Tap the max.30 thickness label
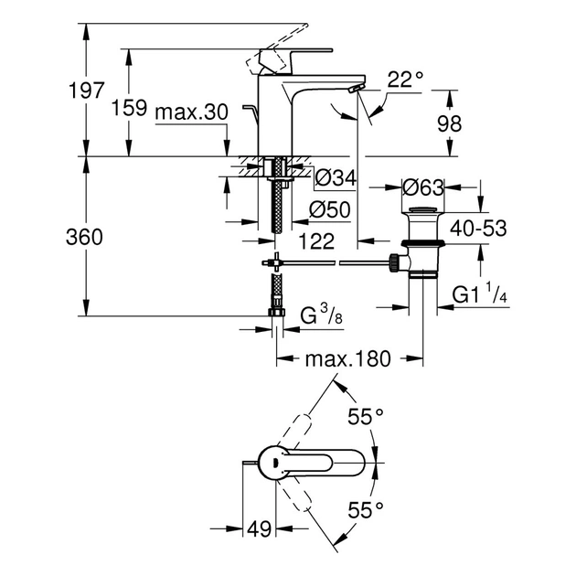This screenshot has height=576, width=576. click(190, 111)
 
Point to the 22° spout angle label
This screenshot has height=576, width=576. click(405, 80)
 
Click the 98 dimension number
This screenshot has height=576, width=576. click(474, 124)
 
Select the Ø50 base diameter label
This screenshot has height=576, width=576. click(332, 209)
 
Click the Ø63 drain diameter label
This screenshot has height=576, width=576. click(422, 187)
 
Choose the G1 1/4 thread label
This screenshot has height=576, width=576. click(480, 294)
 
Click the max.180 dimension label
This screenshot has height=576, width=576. click(348, 359)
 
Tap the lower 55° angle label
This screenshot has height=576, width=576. click(365, 508)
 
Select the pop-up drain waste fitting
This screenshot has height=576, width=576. click(421, 242)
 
